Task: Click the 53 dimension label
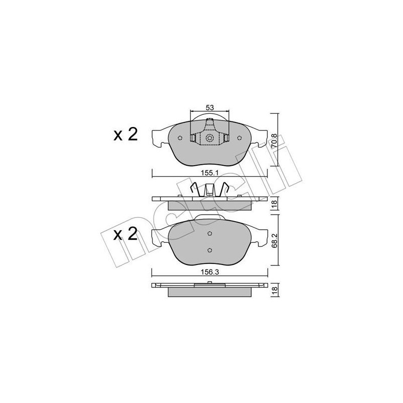click(x=209, y=107)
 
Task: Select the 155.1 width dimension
click(x=209, y=172)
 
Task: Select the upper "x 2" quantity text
click(x=125, y=135)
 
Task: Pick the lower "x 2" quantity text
click(x=125, y=235)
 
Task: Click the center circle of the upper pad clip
click(x=210, y=138)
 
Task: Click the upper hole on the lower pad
click(x=210, y=234)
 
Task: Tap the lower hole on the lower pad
click(x=210, y=250)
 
